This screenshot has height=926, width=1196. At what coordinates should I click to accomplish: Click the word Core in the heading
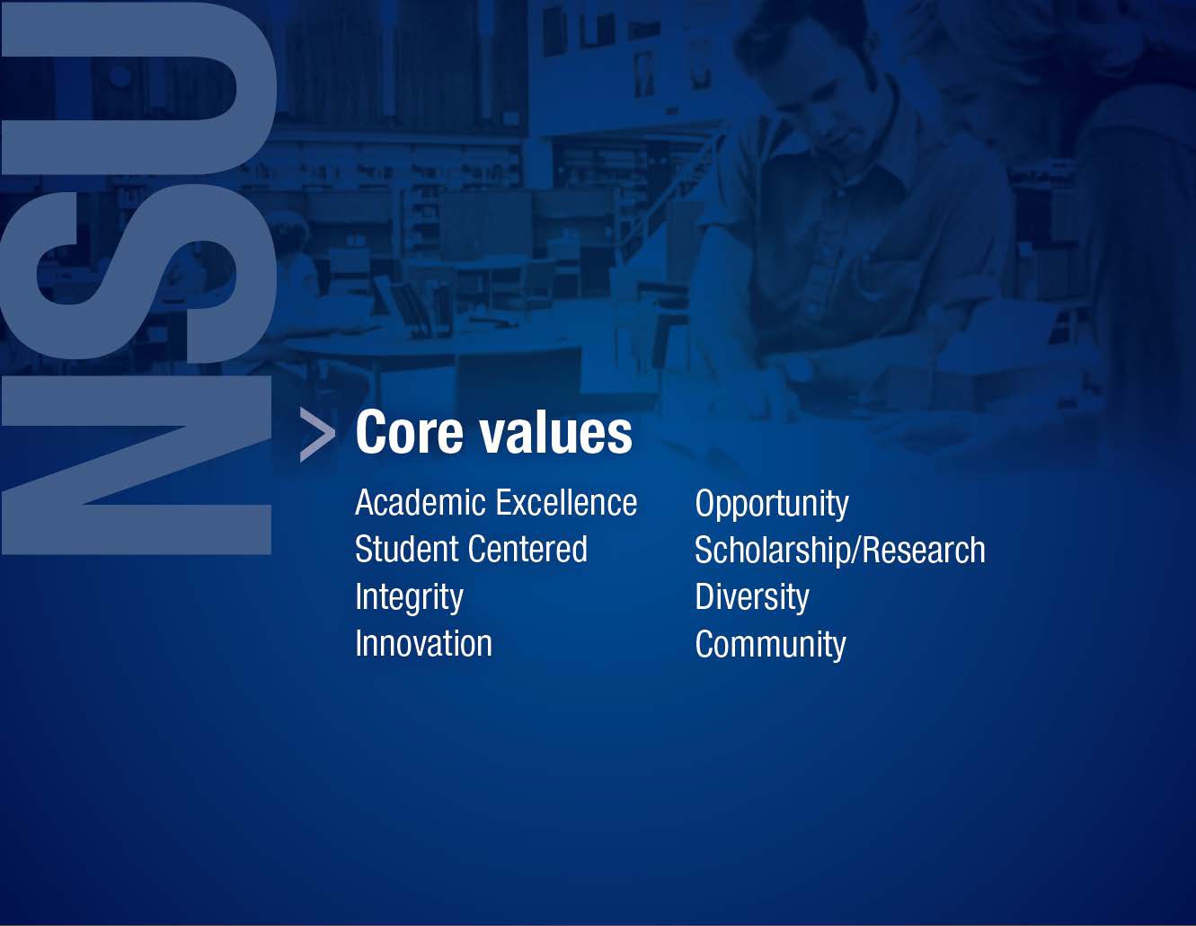pos(410,432)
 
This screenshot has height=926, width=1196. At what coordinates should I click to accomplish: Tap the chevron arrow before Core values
pos(317,434)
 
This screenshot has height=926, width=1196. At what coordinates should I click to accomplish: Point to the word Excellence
pos(566,502)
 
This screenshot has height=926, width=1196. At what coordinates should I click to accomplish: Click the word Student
pos(407,549)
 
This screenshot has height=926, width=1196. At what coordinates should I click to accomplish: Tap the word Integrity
pos(410,598)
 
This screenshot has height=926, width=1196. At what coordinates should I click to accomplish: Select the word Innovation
pos(424,643)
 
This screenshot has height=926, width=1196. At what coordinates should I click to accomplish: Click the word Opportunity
pos(772,505)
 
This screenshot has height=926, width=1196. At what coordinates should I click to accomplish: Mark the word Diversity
pos(752,598)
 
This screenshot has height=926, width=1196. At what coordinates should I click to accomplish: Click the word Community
pos(771,646)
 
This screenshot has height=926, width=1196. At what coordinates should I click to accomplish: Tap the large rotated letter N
pos(137,465)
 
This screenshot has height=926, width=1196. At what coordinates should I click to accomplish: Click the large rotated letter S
pos(137,273)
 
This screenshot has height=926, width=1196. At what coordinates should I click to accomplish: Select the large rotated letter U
pos(138,88)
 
